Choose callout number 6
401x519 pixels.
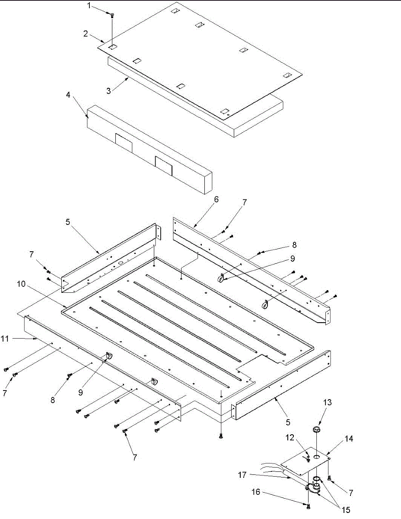[216, 199]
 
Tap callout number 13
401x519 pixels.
[328, 403]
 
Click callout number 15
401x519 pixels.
[345, 510]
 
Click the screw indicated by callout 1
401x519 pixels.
[112, 15]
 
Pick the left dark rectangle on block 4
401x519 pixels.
[123, 142]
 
